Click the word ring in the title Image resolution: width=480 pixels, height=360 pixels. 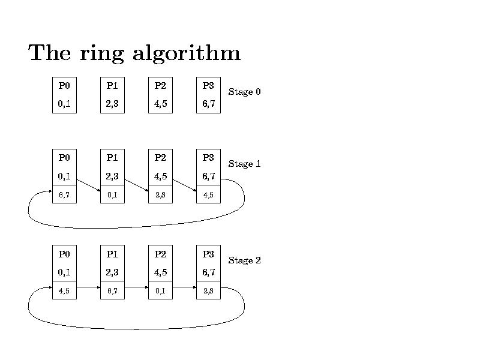point(102,54)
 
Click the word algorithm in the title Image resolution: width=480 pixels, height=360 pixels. point(186,54)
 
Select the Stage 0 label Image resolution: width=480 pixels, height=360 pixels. point(244,92)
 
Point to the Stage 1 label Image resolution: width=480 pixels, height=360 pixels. point(244,164)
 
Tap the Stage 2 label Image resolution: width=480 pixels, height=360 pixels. point(244,260)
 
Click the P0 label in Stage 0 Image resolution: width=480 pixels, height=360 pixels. point(64,86)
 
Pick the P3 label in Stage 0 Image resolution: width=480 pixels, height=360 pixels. point(208,86)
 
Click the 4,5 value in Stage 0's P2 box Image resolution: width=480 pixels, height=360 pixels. point(160,104)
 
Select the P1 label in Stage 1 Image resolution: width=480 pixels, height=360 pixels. point(112,158)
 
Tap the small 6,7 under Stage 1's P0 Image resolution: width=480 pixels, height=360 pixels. point(64,195)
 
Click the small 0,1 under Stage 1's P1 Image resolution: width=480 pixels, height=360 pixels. point(112,195)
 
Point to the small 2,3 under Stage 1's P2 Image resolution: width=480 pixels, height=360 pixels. point(160,195)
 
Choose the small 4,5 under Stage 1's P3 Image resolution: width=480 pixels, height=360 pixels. point(208,195)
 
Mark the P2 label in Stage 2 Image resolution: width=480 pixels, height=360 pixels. point(160,254)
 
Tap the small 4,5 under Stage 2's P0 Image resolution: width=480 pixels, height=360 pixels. point(64,291)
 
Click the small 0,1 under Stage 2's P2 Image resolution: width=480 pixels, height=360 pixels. point(160,291)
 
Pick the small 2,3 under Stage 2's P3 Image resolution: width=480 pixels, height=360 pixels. point(208,291)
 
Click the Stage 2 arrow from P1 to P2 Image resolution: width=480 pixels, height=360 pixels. point(136,287)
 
